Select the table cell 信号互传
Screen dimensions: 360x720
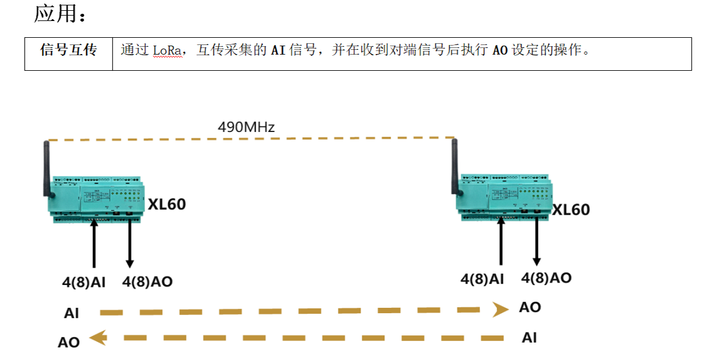pyautogui.click(x=68, y=50)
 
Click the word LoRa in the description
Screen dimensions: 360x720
pyautogui.click(x=166, y=50)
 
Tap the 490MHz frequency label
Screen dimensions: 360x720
pyautogui.click(x=246, y=127)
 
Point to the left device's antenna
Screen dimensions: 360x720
pyautogui.click(x=46, y=169)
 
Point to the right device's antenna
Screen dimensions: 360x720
pyautogui.click(x=454, y=166)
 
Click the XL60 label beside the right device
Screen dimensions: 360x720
pyautogui.click(x=571, y=209)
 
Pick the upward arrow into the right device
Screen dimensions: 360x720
pyautogui.click(x=501, y=242)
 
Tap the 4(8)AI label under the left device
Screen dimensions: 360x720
pyautogui.click(x=83, y=282)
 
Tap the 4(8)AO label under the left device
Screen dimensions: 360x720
pyautogui.click(x=147, y=281)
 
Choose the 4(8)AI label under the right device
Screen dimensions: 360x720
pyautogui.click(x=482, y=279)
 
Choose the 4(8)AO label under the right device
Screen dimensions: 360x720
pyautogui.click(x=546, y=278)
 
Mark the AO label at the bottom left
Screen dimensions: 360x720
pyautogui.click(x=69, y=343)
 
